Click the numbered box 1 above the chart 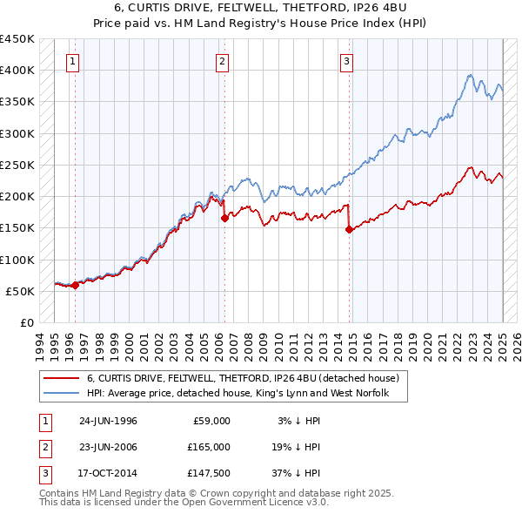coord(71,61)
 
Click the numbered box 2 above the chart coord(223,61)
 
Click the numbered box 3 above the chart coord(346,61)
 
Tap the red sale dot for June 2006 coord(224,219)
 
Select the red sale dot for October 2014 coord(349,230)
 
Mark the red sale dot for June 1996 coord(76,285)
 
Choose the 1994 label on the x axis coord(40,343)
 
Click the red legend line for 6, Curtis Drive coord(61,379)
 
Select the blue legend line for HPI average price coord(61,394)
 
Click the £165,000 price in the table coord(210,447)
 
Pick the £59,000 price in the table coord(212,421)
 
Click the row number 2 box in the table coord(44,447)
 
